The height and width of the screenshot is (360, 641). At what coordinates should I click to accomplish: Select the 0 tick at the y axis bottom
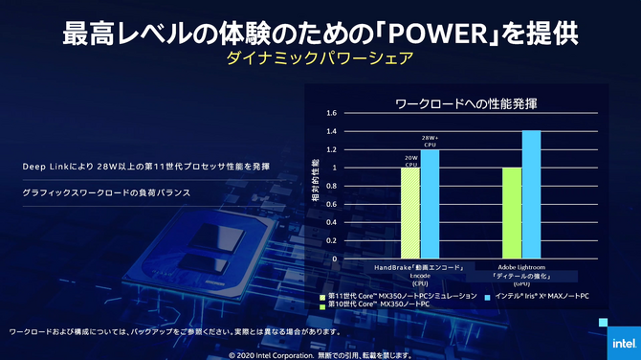click(335, 259)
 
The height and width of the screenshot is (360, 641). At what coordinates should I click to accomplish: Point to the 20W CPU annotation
click(411, 160)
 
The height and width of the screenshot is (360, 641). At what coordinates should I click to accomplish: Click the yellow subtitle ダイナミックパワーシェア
click(320, 59)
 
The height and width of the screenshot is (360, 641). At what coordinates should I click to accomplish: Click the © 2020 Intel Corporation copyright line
click(320, 353)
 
